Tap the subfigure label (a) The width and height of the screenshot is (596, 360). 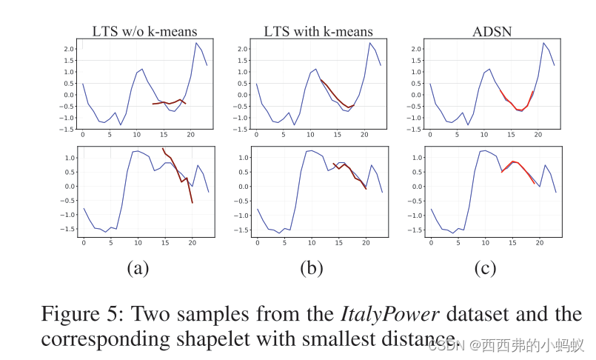tap(138, 268)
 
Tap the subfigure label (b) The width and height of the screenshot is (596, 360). tap(312, 268)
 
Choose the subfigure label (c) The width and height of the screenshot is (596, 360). tap(486, 268)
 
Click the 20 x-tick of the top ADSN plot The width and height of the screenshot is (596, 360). tap(539, 135)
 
